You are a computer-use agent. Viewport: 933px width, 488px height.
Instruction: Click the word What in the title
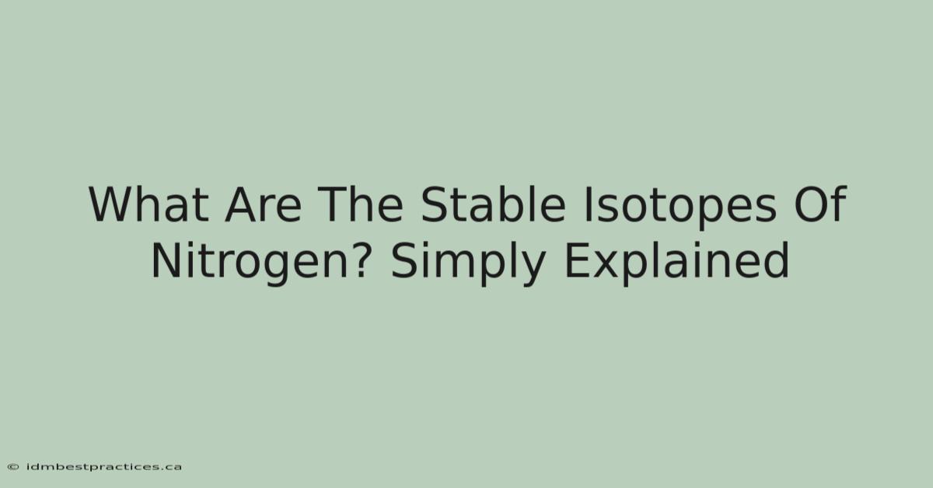point(149,204)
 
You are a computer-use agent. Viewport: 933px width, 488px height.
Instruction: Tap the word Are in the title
point(263,204)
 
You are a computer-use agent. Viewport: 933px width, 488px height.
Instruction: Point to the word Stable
point(493,204)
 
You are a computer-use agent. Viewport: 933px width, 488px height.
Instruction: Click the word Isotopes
point(680,207)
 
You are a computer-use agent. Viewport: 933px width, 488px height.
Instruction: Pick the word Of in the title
point(820,204)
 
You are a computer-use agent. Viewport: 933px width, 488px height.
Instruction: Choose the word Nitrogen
point(250,263)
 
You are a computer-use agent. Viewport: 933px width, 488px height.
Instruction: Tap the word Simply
point(469,263)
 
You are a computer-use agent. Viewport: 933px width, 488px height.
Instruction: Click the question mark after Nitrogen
point(358,260)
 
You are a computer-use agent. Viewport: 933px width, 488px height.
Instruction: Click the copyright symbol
point(13,467)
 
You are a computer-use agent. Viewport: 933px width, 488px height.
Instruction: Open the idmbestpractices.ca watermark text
point(104,467)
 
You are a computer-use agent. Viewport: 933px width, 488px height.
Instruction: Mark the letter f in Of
point(837,204)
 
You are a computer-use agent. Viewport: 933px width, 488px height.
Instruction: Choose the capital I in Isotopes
point(587,204)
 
